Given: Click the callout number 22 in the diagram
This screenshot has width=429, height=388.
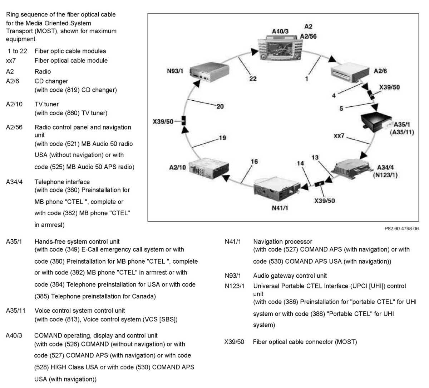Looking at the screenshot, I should (x=253, y=78).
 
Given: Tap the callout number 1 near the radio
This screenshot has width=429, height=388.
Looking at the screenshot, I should (x=306, y=78).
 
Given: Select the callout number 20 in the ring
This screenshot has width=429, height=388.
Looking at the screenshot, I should (x=220, y=106).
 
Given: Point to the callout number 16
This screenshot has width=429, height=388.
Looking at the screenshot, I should (x=254, y=162).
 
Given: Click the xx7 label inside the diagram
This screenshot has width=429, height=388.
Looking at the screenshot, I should (x=339, y=136).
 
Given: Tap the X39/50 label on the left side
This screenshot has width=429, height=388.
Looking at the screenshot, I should (x=163, y=121).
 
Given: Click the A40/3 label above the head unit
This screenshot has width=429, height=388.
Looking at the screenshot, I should (x=280, y=32).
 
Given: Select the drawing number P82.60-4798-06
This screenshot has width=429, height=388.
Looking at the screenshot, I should (x=401, y=229).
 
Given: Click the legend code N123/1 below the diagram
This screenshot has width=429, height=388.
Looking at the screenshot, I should (x=235, y=286).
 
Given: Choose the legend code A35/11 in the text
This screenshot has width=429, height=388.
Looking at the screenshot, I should (x=16, y=311).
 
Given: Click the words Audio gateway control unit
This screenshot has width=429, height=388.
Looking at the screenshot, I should (x=290, y=276).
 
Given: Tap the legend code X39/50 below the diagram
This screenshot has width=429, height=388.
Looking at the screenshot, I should (x=234, y=342).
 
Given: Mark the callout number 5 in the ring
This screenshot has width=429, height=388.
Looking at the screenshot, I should (x=341, y=108).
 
